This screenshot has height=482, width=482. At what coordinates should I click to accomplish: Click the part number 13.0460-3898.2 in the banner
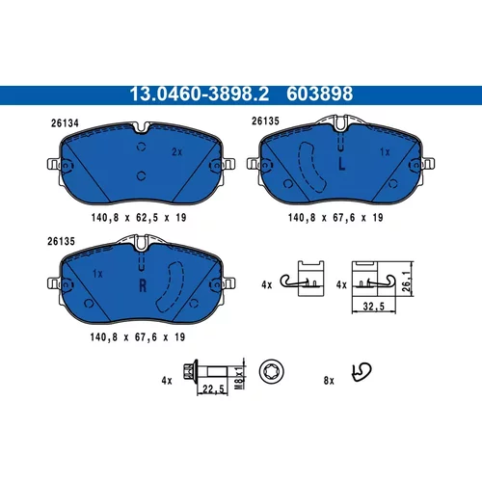(199, 94)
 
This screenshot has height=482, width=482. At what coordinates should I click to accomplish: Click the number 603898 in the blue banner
(319, 94)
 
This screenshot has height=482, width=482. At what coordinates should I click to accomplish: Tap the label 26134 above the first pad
(65, 123)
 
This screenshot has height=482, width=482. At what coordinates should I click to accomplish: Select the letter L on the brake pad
(342, 165)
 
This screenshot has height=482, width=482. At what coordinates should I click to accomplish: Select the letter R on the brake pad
(143, 285)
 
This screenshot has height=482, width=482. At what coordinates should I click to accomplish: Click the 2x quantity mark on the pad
(176, 152)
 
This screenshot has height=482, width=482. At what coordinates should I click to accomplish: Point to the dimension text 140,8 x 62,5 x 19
(139, 218)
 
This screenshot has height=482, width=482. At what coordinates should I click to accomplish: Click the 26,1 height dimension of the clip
(407, 281)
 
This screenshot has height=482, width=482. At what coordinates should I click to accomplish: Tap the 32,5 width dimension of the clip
(374, 307)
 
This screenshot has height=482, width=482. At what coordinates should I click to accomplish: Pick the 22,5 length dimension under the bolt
(213, 389)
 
